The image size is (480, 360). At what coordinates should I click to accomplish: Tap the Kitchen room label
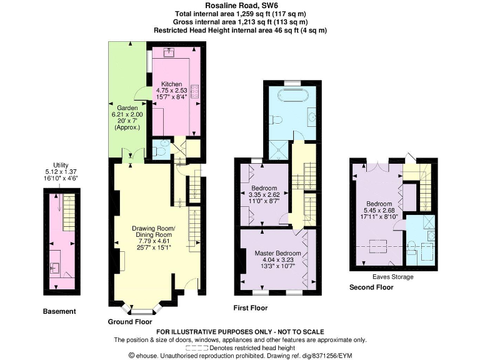(x=171, y=84)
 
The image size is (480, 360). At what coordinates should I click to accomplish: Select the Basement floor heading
(x=59, y=311)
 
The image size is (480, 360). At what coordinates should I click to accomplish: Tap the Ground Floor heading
(x=130, y=321)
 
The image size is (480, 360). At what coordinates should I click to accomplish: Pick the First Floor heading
(x=250, y=308)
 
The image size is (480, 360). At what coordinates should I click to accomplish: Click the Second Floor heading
(x=372, y=287)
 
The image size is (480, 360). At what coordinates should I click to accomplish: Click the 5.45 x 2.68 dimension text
(x=379, y=211)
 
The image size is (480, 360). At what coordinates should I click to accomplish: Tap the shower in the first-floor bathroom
(x=277, y=149)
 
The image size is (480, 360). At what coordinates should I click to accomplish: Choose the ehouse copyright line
(x=240, y=355)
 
